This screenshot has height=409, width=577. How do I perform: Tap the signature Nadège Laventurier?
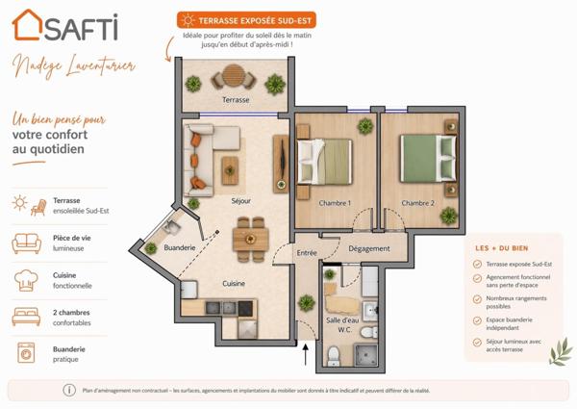(73, 66)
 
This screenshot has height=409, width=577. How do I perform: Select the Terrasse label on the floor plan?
(236, 99)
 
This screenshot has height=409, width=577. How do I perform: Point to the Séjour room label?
(240, 201)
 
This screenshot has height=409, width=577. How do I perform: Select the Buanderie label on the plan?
(180, 247)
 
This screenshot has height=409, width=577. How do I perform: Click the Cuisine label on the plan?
(234, 283)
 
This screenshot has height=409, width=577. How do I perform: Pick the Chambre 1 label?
(335, 203)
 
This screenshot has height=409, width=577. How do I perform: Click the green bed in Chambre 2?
(419, 158)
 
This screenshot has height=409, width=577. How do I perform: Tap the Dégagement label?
(369, 248)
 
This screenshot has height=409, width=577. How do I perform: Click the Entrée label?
(307, 253)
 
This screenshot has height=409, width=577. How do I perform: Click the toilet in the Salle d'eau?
(334, 355)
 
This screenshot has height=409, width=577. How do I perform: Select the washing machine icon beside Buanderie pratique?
(26, 353)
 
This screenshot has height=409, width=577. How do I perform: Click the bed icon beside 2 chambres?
(26, 317)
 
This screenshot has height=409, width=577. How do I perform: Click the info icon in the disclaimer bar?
(69, 390)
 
